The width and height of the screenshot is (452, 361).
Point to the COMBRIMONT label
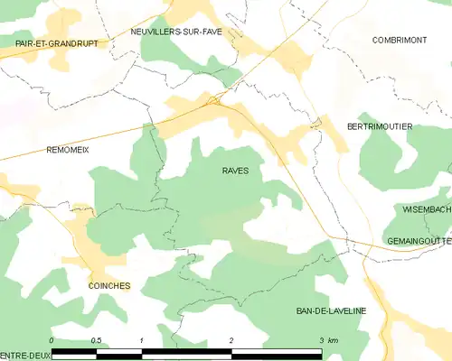point(399,40)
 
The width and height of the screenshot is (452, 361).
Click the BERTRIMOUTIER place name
point(380,127)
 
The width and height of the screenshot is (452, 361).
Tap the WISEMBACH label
point(427,208)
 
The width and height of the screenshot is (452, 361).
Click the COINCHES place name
point(109,286)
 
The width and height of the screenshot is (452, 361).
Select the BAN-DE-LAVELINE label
point(331,310)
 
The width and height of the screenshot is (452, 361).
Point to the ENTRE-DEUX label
point(24,354)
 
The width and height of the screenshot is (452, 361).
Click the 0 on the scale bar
point(52,340)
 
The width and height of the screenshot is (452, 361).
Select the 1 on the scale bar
point(142,340)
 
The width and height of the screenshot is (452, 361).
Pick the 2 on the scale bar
point(232,340)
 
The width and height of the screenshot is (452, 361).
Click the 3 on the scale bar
point(321,340)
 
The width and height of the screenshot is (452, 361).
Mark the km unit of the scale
point(334,340)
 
